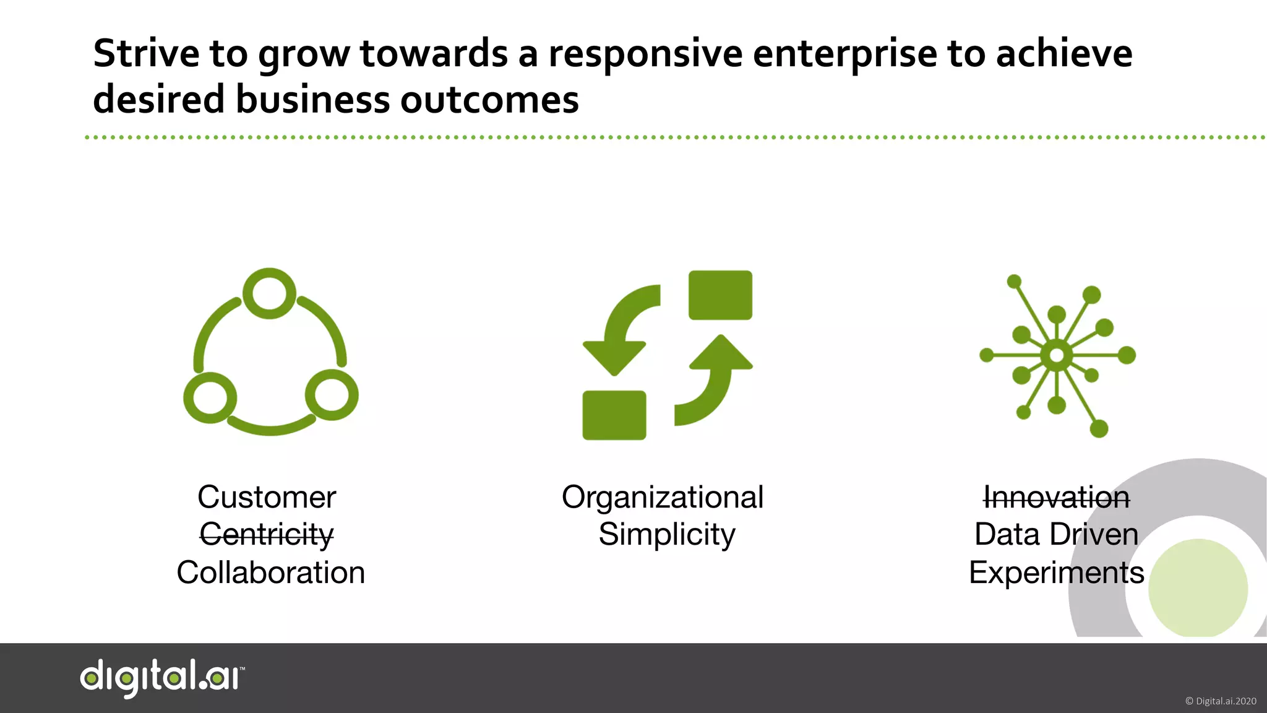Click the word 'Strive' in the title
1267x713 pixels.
click(x=146, y=53)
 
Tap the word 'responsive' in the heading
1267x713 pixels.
click(x=645, y=54)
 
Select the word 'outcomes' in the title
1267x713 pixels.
click(x=489, y=100)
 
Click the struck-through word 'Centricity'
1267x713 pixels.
click(x=267, y=535)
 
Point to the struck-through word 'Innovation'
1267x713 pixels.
click(x=1056, y=497)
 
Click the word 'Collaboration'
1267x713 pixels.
click(x=271, y=573)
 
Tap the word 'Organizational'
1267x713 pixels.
click(x=663, y=497)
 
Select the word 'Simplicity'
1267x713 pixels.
click(x=667, y=535)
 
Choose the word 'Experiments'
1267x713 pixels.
click(x=1056, y=573)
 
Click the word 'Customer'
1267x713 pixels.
click(x=267, y=497)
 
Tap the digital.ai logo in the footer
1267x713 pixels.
click(x=162, y=677)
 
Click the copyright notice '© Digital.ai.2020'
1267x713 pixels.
click(x=1220, y=701)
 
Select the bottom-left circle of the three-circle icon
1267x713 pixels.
click(x=210, y=397)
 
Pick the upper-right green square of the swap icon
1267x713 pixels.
click(x=720, y=295)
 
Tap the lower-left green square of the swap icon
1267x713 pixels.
click(x=614, y=415)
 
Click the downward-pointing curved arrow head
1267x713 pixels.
click(x=614, y=358)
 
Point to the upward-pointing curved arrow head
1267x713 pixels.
click(x=721, y=353)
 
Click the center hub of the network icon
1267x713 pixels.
click(x=1057, y=355)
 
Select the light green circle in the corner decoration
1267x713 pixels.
click(x=1198, y=588)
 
